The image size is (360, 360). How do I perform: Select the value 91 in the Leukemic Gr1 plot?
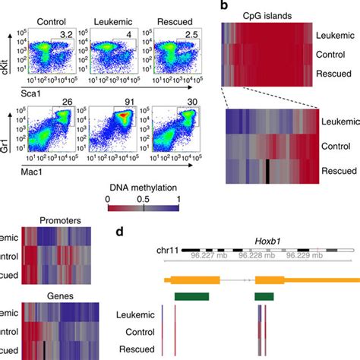click(x=131, y=105)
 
